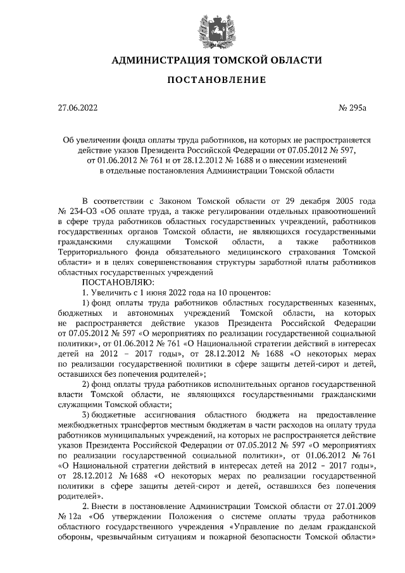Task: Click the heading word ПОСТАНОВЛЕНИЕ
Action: [216, 80]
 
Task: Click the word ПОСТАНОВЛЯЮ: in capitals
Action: [116, 282]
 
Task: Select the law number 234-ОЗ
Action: [82, 208]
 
